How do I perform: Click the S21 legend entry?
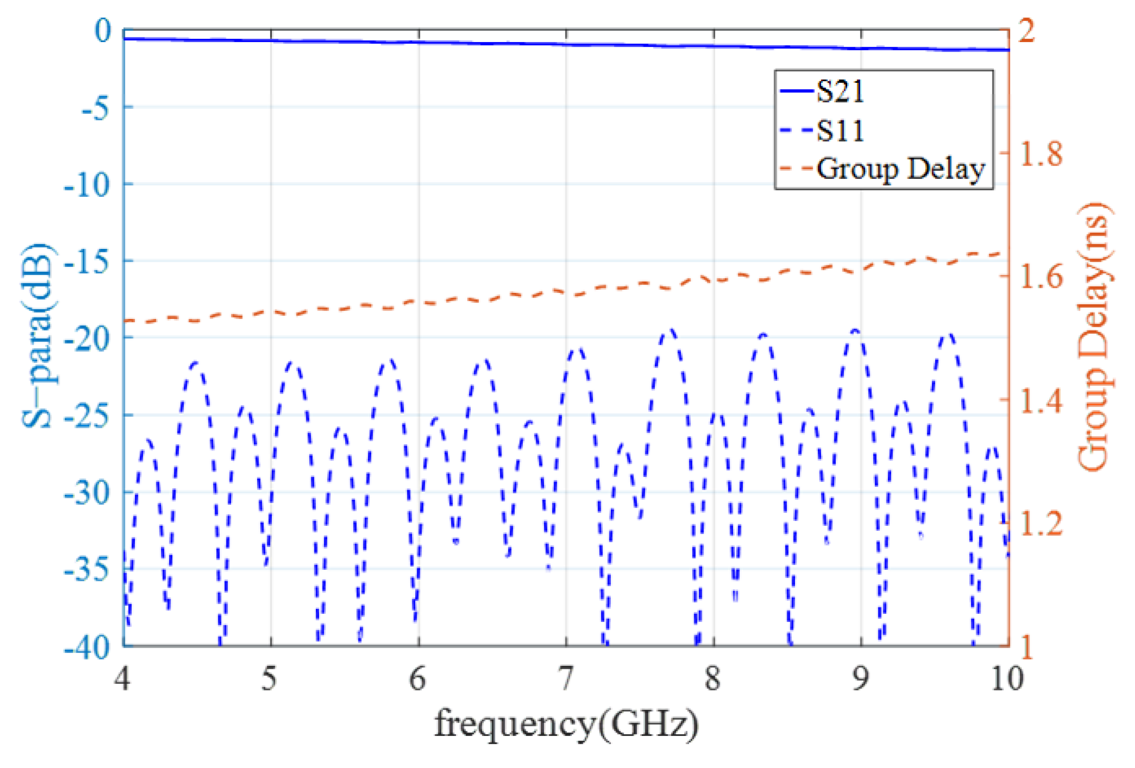(840, 92)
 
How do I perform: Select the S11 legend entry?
(840, 131)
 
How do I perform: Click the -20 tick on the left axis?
(87, 338)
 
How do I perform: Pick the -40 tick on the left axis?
(87, 647)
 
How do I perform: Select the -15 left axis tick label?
(87, 262)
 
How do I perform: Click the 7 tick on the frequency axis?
(565, 679)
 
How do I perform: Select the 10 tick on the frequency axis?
(1007, 679)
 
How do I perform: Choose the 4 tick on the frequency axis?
(122, 679)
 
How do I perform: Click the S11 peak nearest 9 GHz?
(855, 331)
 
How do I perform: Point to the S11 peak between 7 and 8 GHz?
(671, 330)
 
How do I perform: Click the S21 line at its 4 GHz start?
(125, 38)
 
